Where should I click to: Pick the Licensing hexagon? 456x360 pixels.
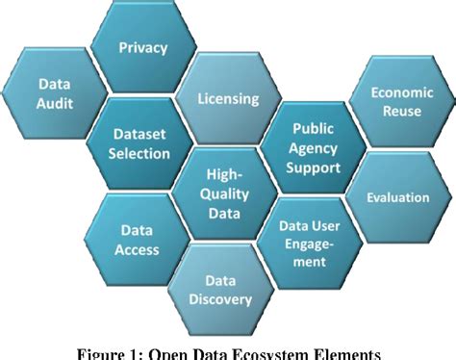(227, 98)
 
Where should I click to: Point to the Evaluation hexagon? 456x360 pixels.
(397, 197)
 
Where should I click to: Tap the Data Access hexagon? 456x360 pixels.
(139, 241)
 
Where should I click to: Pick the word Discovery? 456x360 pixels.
(227, 298)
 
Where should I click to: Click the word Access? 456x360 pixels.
(139, 250)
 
